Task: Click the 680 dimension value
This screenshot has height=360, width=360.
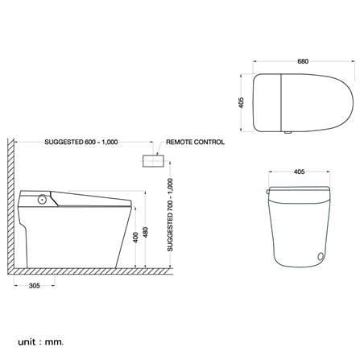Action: click(x=303, y=61)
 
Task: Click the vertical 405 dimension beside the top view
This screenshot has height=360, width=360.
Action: click(x=241, y=102)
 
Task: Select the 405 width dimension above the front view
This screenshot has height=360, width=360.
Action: click(x=299, y=172)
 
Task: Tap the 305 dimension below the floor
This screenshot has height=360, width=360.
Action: click(x=35, y=286)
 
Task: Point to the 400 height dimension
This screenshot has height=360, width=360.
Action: click(x=135, y=238)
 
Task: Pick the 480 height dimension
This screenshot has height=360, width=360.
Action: click(x=145, y=233)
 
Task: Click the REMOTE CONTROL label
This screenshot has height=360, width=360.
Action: click(x=195, y=142)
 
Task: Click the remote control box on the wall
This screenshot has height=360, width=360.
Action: click(x=153, y=161)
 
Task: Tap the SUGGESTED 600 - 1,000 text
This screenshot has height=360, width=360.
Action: click(x=81, y=142)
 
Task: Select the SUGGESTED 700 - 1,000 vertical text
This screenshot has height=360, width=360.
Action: click(x=170, y=215)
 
